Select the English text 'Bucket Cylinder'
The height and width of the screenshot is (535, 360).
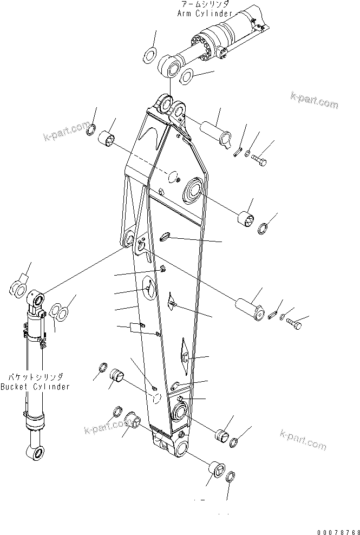[x=35, y=387]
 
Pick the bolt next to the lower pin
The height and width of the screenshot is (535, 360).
[x=294, y=324]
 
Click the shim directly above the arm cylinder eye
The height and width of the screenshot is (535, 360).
[x=150, y=55]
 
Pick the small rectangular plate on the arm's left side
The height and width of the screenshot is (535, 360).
[x=133, y=327]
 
